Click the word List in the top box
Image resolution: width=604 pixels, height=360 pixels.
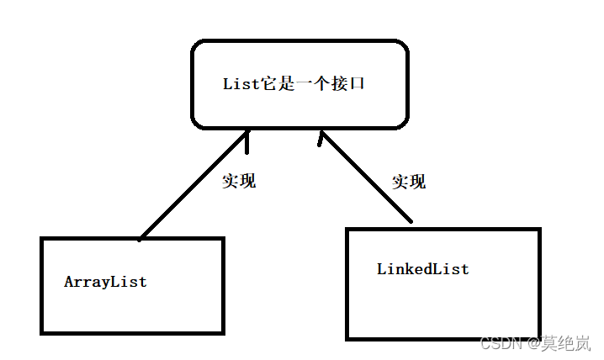point(240,84)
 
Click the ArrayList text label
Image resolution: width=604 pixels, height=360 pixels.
point(105,283)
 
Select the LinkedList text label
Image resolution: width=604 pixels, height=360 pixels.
point(422,270)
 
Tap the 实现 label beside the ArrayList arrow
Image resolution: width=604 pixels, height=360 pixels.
point(239,181)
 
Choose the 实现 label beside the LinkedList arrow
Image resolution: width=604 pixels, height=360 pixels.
point(410,182)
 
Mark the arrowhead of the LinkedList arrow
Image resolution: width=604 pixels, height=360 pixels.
point(321,135)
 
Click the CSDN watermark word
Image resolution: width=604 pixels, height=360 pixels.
point(501,343)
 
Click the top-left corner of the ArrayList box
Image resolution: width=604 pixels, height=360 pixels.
point(42,239)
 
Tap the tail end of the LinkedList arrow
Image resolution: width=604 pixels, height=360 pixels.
point(411,221)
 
